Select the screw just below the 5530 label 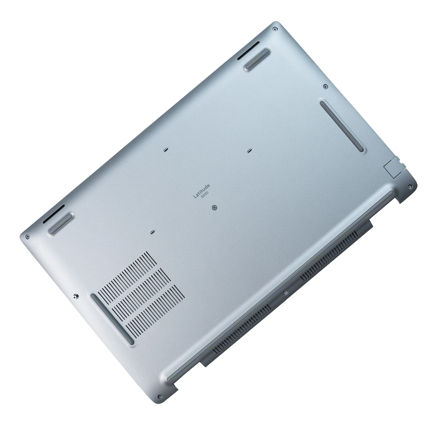(214, 207)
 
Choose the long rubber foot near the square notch (342, 126)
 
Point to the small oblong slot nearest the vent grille (152, 231)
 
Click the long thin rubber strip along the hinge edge (279, 285)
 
